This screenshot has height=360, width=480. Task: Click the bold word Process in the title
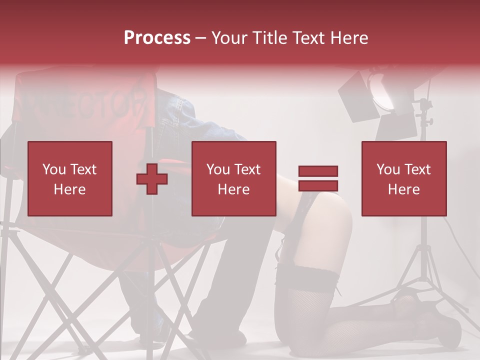(x=157, y=38)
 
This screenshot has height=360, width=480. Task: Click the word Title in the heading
(x=267, y=38)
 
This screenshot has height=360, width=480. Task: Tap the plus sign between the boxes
(x=152, y=179)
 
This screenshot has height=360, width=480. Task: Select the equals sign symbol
(x=318, y=178)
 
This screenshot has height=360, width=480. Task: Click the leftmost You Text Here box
(x=70, y=178)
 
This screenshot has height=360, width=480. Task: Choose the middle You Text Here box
(x=234, y=178)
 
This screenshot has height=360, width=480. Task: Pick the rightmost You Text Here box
(x=403, y=178)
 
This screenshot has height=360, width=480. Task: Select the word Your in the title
(x=228, y=38)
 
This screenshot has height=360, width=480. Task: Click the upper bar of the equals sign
(x=318, y=171)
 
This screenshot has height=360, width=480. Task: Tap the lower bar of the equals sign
(x=318, y=185)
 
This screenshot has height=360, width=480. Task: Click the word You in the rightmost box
(x=387, y=169)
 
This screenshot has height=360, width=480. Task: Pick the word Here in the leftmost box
(x=69, y=189)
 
